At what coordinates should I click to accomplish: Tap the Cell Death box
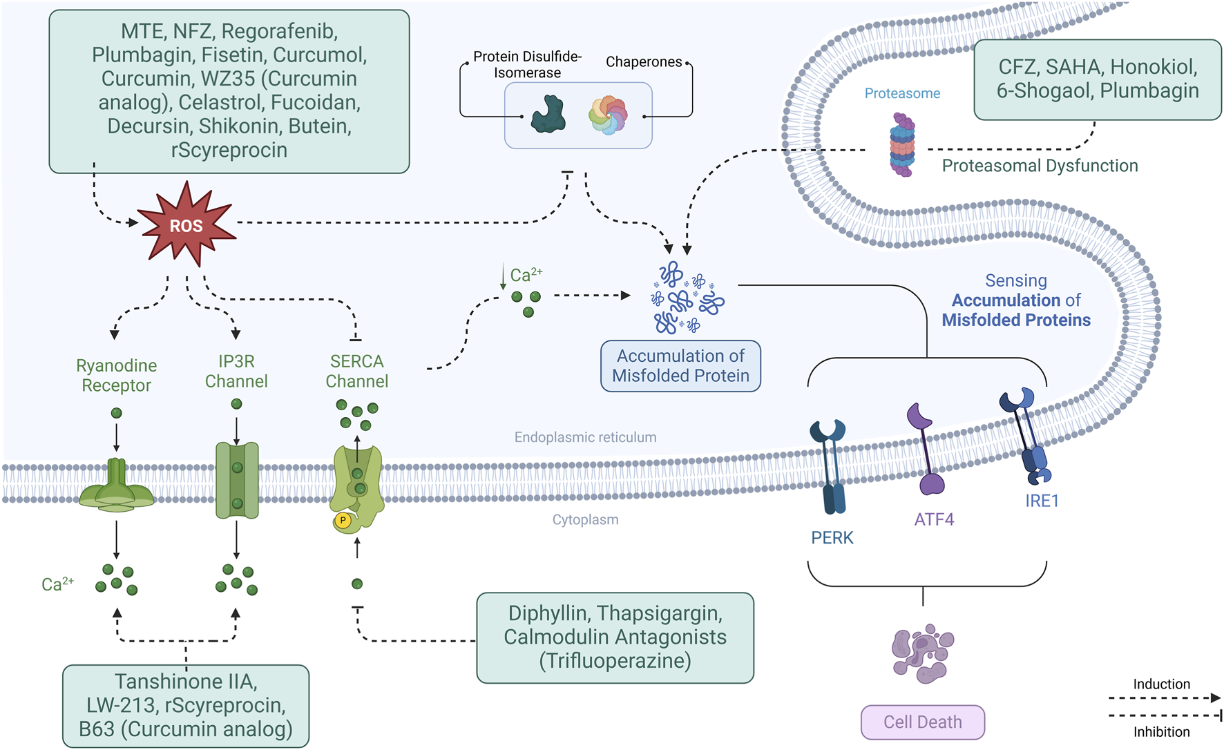coord(922,722)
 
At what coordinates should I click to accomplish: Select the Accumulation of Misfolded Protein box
coord(680,366)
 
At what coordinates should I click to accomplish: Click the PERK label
coord(832,537)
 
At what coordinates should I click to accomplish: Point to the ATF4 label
coord(934,519)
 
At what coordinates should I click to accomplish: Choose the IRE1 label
coord(1042,501)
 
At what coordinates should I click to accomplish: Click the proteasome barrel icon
coord(901,145)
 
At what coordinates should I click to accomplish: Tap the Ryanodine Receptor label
coord(116,375)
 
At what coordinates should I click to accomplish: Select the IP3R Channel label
coord(236,371)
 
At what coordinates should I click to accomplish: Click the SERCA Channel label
coord(356,371)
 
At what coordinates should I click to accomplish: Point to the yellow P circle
coord(343,520)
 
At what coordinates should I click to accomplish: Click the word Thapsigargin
coord(659,613)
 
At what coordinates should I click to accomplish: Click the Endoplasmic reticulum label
coord(585,437)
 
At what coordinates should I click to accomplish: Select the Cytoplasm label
coord(585,519)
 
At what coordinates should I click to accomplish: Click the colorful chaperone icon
coord(608,115)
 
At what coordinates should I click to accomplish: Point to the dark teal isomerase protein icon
coord(548,115)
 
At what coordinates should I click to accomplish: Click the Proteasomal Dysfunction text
coord(1040,166)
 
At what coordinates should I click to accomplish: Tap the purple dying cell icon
coord(922,653)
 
